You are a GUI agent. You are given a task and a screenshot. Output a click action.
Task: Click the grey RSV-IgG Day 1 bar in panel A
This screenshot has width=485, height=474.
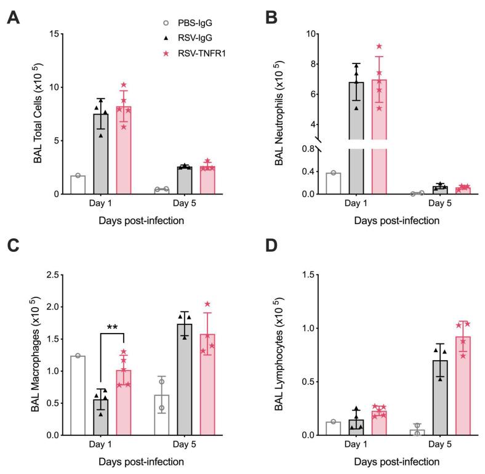point(100,154)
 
